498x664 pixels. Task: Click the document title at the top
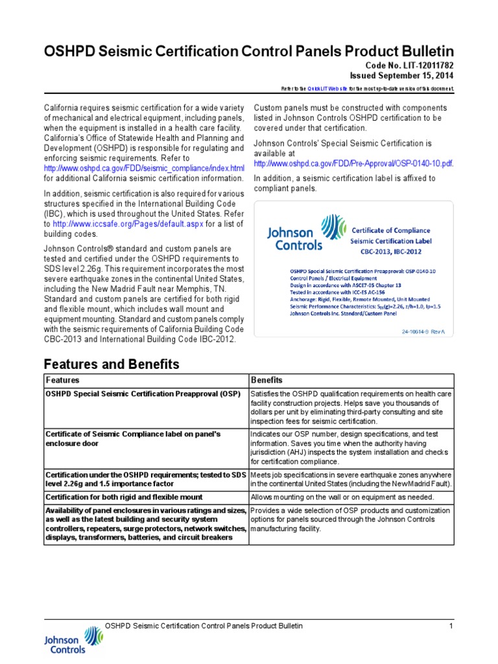click(249, 51)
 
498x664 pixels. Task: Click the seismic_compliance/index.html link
click(145, 169)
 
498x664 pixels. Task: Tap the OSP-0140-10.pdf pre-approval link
click(353, 163)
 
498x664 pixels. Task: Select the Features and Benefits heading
click(111, 364)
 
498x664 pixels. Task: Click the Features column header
click(63, 379)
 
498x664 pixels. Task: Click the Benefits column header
click(267, 379)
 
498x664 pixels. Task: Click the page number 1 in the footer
click(450, 626)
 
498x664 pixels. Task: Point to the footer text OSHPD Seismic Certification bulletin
click(204, 626)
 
